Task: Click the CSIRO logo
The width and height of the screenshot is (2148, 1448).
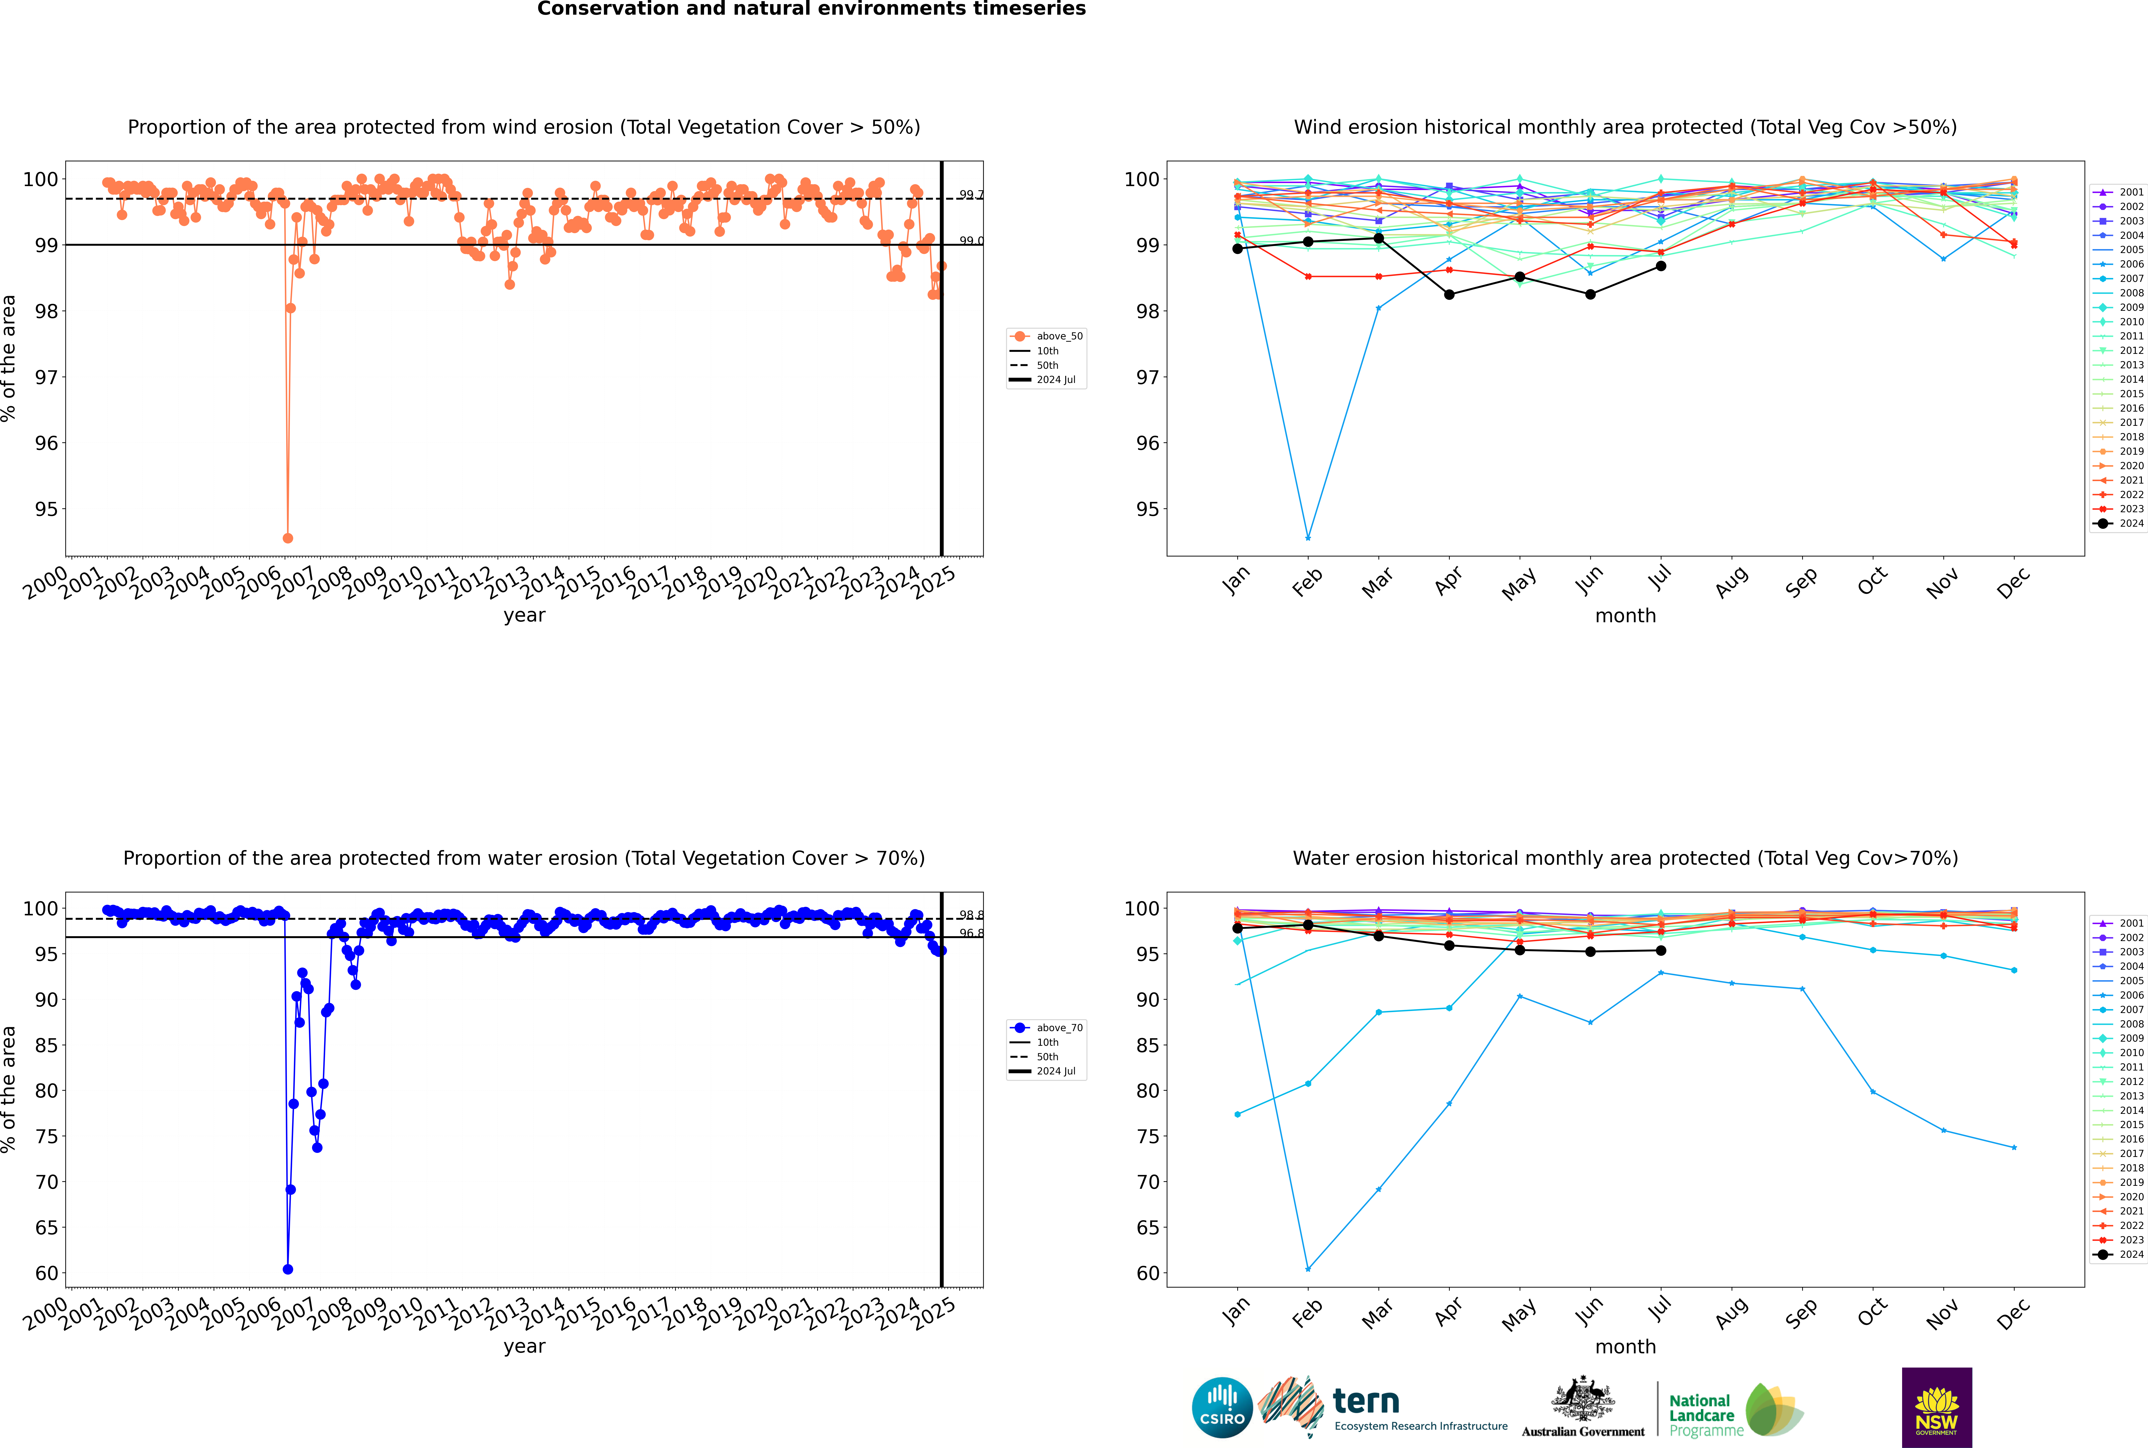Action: [x=1222, y=1407]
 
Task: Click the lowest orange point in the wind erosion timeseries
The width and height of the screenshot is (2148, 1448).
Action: [x=288, y=537]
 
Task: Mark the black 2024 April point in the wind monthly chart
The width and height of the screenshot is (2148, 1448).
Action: [x=1449, y=295]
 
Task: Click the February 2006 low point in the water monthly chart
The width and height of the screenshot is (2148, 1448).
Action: [x=1308, y=1269]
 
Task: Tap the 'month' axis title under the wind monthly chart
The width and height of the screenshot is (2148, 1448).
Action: [x=1625, y=616]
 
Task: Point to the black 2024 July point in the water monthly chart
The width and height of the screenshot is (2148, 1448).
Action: [x=1660, y=950]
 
